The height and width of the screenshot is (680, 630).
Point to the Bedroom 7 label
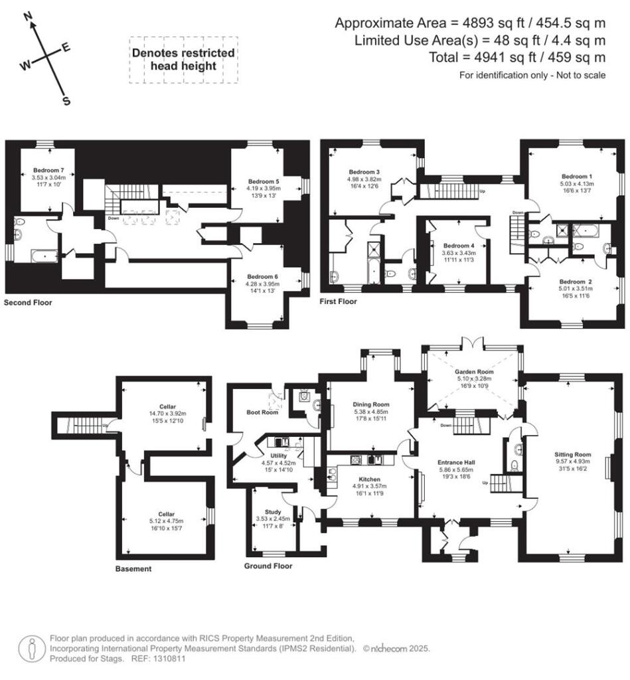tap(46, 170)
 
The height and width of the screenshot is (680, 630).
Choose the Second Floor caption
tap(28, 303)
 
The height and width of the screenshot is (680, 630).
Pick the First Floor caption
tap(339, 301)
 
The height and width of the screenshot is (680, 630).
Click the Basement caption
tap(133, 569)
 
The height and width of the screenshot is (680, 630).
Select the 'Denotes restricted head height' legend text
tap(183, 59)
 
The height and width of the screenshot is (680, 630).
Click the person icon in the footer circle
tap(29, 648)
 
